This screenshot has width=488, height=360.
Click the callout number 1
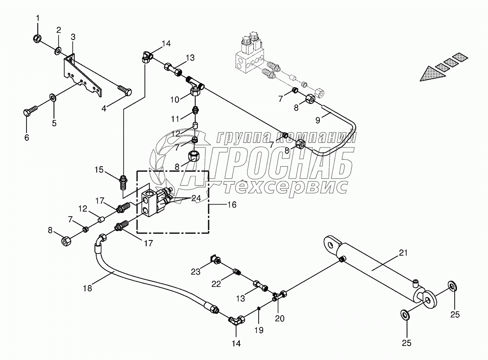(38, 18)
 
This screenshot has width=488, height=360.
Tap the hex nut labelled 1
(38, 39)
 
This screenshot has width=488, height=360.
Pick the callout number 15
(99, 170)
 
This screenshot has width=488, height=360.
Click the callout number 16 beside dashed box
(231, 204)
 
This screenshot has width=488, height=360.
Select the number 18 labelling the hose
(87, 288)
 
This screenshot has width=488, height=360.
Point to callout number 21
(403, 253)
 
